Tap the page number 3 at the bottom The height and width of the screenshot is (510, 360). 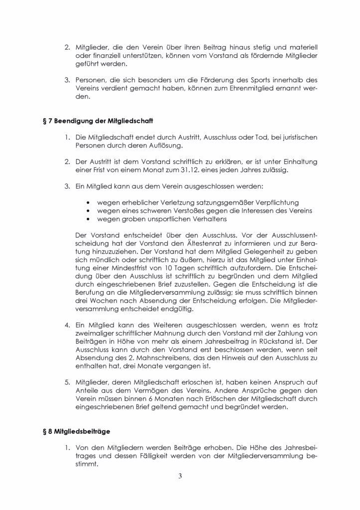[180, 476]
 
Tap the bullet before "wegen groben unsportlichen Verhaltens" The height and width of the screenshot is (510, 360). [89, 219]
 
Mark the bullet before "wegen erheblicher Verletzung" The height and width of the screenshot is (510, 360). [89, 203]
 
